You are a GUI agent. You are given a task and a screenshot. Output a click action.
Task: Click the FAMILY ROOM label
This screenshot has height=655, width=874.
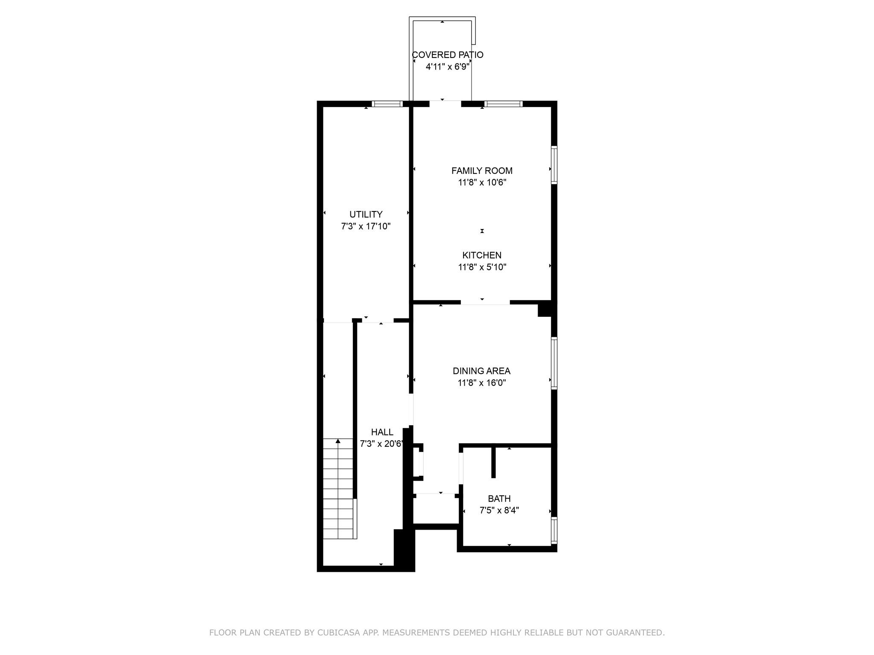tap(482, 171)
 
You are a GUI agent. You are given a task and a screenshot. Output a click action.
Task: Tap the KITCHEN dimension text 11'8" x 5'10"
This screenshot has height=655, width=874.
tap(482, 267)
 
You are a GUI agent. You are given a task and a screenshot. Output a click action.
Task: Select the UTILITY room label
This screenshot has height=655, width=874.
tap(366, 214)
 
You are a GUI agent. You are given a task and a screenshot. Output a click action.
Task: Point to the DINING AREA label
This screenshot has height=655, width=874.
tap(481, 371)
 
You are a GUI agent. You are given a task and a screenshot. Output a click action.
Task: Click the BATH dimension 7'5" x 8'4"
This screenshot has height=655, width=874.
tap(499, 510)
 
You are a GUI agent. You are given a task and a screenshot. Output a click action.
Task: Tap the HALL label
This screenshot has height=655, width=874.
tap(382, 432)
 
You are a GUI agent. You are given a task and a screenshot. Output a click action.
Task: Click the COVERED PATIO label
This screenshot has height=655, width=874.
tap(447, 55)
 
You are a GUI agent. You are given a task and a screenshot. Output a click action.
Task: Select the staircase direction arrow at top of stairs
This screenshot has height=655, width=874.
tap(338, 441)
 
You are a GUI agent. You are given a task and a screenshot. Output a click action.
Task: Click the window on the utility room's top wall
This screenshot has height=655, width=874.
tap(387, 104)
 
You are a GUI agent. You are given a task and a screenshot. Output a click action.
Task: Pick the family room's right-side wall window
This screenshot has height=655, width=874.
tap(554, 165)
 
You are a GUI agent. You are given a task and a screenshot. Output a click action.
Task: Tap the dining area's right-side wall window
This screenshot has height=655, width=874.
tap(554, 363)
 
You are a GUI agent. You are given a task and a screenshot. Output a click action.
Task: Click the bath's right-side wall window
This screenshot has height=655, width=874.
tap(554, 530)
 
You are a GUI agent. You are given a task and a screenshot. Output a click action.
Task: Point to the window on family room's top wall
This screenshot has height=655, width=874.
tap(503, 104)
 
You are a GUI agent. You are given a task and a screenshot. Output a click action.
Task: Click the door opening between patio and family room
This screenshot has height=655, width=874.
tap(445, 103)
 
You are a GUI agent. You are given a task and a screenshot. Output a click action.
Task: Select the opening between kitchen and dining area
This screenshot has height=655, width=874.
tap(485, 302)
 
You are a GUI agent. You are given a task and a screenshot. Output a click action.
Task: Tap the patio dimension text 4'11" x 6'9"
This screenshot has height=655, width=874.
tap(447, 67)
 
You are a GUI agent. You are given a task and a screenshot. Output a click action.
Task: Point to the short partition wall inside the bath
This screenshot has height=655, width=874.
tap(494, 462)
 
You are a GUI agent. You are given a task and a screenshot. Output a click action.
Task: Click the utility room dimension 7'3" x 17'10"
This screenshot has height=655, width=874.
tap(366, 226)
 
